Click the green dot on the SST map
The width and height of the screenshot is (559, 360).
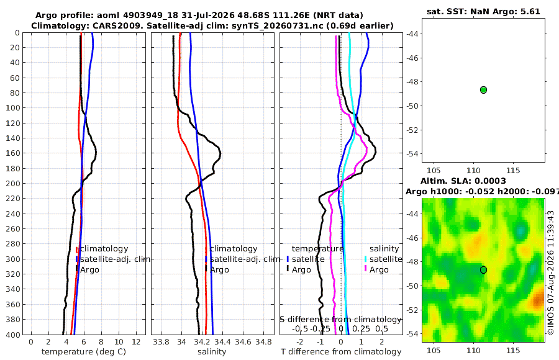[483, 90]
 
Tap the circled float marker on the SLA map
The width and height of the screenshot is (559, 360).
[483, 270]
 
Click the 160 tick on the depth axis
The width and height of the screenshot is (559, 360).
[13, 153]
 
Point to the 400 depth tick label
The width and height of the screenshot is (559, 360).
[13, 335]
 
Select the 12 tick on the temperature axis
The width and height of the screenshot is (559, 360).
[136, 342]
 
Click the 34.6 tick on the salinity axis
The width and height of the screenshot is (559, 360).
[243, 342]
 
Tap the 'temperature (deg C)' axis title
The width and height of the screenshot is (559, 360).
[84, 352]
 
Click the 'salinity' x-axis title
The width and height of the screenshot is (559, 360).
[212, 352]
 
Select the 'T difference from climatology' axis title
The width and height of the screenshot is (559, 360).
[341, 352]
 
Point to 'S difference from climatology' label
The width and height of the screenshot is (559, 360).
[340, 320]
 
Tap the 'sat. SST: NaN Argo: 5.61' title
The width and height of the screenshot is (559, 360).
[483, 11]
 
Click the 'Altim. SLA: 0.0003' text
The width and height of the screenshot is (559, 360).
[463, 181]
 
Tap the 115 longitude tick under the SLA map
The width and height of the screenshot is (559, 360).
[513, 350]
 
